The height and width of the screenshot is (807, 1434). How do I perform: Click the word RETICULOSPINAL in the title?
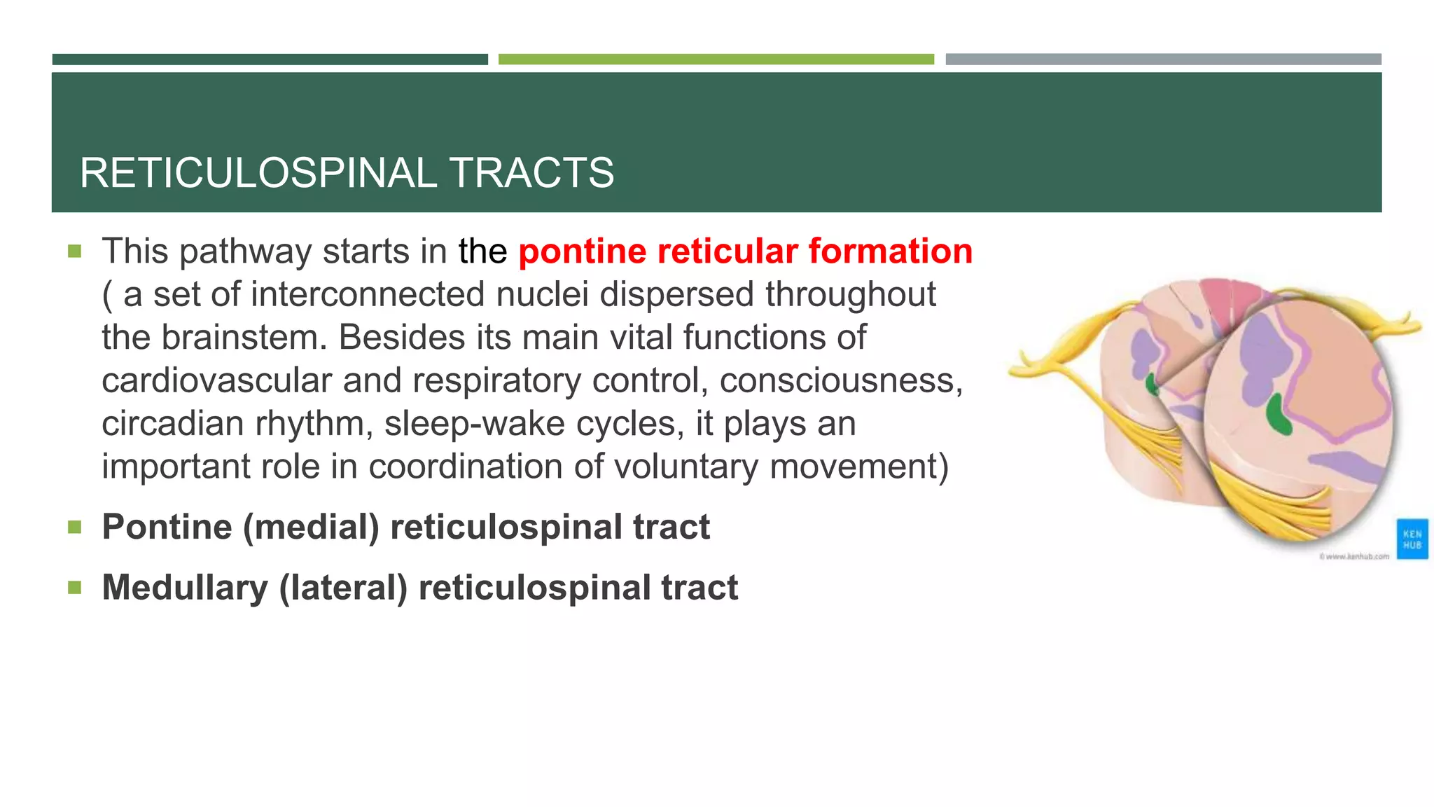click(258, 173)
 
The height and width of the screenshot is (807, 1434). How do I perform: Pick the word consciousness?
click(840, 381)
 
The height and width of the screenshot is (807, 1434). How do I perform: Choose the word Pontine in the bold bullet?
click(167, 527)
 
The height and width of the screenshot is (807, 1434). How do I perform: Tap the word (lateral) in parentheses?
click(342, 587)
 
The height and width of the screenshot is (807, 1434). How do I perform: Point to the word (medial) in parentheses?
click(311, 527)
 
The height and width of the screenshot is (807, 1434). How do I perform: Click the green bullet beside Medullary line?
click(75, 587)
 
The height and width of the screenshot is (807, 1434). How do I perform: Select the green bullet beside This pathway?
click(75, 251)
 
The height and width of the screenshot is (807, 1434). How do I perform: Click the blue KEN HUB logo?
click(1412, 539)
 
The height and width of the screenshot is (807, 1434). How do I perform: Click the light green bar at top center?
click(716, 60)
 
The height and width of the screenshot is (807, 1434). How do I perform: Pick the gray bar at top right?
click(1163, 60)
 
